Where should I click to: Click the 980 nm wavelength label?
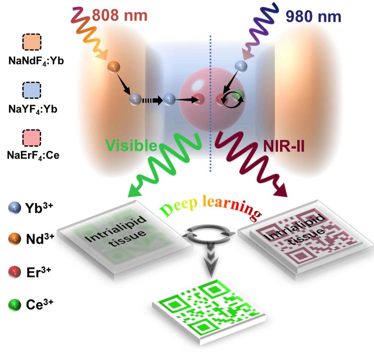click(313, 17)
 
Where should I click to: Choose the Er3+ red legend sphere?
click(14, 272)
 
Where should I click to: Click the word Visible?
click(131, 146)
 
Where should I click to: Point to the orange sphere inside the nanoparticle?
click(113, 67)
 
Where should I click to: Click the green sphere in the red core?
click(238, 94)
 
